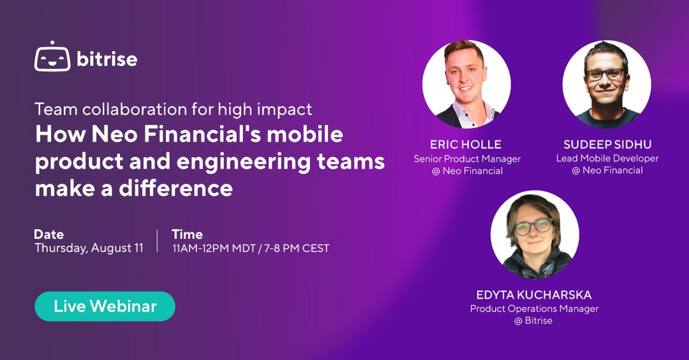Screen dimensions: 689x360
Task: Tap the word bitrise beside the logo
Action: [x=107, y=59]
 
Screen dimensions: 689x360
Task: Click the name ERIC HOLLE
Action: [x=465, y=145]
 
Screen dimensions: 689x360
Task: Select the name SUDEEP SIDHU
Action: [x=608, y=145]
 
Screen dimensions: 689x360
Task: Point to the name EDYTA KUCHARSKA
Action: [x=534, y=294]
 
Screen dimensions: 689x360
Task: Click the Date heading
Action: [x=48, y=234]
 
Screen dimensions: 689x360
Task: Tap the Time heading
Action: [x=187, y=234]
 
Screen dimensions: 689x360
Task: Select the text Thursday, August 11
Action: [x=89, y=248]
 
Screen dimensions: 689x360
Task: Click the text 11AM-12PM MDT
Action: [x=214, y=248]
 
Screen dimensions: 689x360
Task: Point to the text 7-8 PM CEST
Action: [x=297, y=248]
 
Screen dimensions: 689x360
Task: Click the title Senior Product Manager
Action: [x=467, y=159]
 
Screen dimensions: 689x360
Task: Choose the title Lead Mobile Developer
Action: [x=608, y=158]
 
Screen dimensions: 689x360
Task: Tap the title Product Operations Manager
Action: [x=535, y=308]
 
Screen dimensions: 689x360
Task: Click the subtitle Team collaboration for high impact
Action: [x=174, y=109]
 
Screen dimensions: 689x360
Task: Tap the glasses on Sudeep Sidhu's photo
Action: [x=606, y=75]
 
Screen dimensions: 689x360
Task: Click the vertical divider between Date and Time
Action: [x=158, y=241]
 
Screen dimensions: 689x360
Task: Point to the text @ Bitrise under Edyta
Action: [x=533, y=321]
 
